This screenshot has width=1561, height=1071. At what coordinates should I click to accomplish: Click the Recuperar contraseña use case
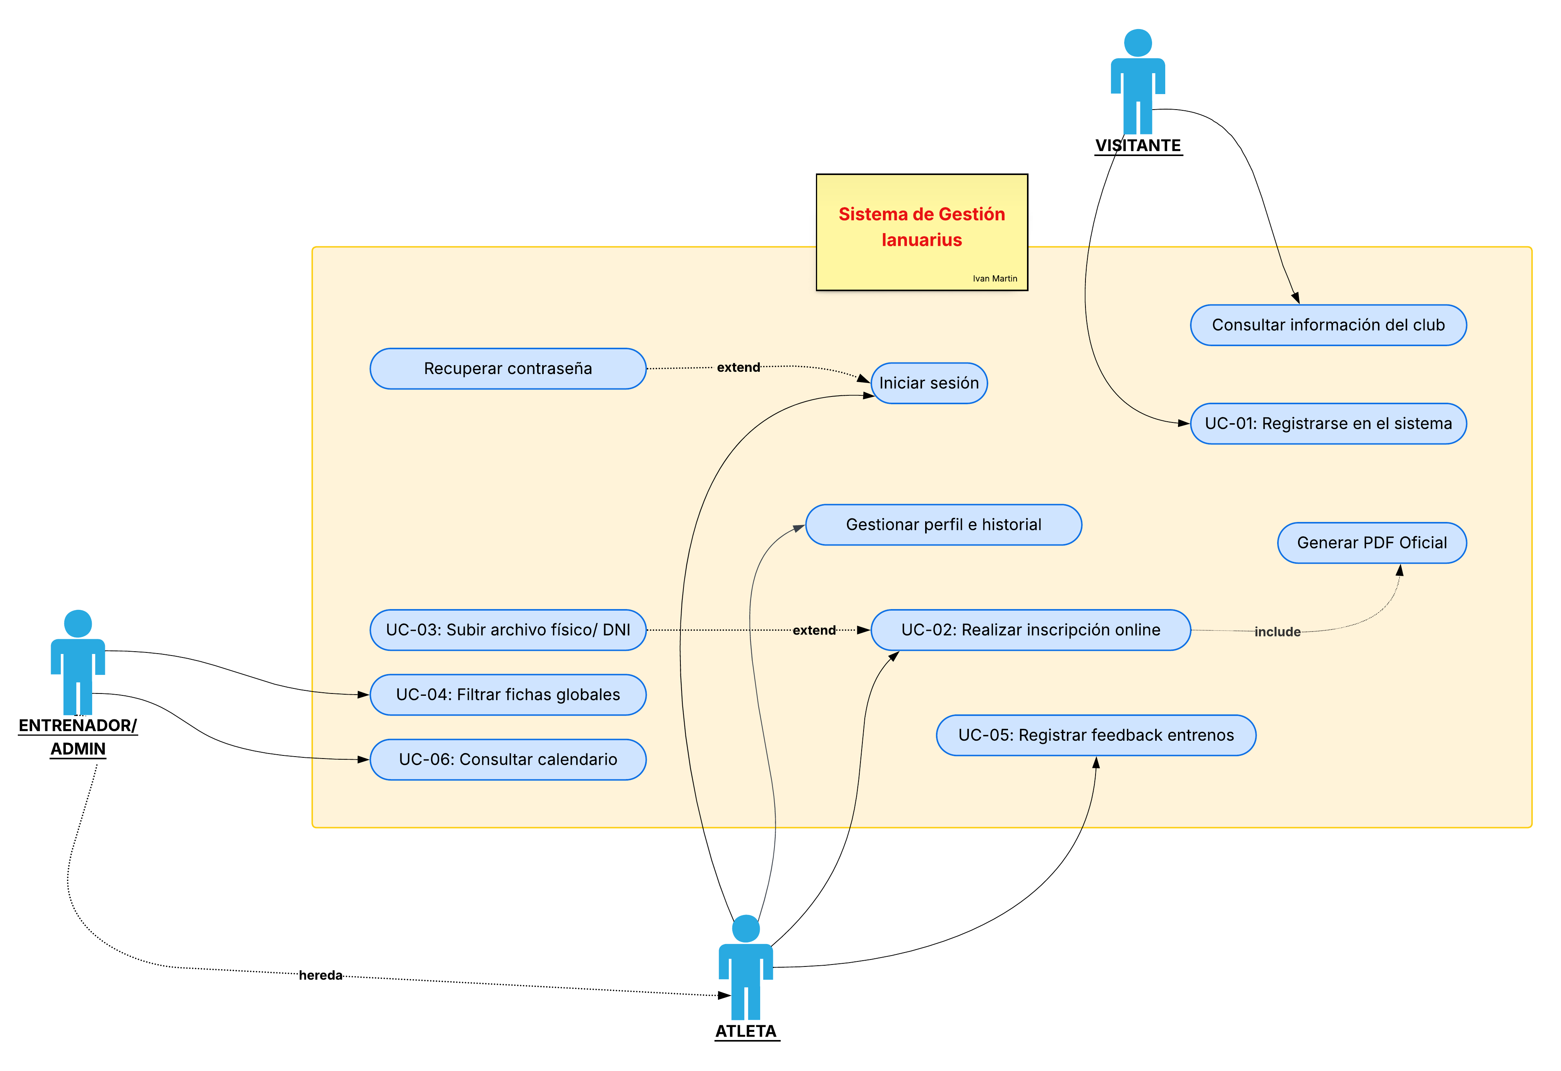(508, 369)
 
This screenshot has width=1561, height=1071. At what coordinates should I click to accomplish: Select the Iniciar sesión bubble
(929, 383)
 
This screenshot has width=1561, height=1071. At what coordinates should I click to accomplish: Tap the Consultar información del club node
(1328, 325)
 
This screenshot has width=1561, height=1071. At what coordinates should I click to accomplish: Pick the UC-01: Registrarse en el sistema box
(1328, 424)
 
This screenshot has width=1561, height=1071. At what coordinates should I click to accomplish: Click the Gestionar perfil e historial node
(943, 525)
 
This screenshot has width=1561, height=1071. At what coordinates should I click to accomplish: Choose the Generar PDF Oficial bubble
(1372, 543)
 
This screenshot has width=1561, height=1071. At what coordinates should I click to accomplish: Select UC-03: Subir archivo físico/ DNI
(508, 630)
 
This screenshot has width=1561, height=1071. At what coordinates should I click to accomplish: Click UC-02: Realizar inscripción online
(1030, 630)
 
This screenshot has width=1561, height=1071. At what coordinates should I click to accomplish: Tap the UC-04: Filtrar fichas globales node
(508, 695)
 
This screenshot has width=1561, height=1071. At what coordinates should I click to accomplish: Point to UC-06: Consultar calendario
(508, 759)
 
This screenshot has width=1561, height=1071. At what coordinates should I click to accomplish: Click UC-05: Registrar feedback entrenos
(1096, 735)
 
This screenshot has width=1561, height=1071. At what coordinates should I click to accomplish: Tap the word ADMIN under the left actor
(78, 749)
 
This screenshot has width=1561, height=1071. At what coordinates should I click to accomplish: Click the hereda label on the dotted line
(320, 975)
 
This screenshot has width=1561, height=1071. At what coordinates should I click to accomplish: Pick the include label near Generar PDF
(1277, 632)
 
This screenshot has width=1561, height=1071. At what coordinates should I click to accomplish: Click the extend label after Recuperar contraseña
(738, 367)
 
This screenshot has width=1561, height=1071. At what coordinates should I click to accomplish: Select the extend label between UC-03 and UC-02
(814, 630)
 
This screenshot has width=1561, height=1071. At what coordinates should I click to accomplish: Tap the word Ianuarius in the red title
(922, 240)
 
